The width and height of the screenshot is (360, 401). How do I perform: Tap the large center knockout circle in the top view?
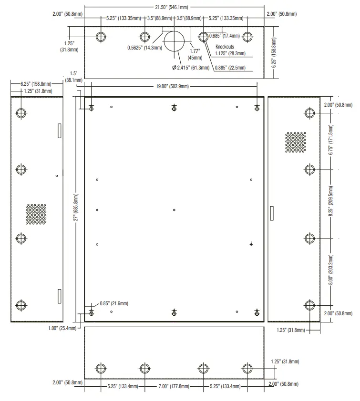[x=175, y=41]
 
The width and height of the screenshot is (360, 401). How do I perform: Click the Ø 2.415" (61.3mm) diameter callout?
[x=191, y=68]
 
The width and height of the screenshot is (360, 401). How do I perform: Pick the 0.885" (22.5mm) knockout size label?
[x=230, y=68]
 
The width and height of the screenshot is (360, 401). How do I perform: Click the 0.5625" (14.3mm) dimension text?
[x=144, y=48]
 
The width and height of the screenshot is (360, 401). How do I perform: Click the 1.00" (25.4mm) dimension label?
[x=62, y=328]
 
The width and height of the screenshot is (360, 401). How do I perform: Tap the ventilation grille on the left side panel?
[x=36, y=214]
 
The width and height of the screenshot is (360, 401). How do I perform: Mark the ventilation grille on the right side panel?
[x=296, y=142]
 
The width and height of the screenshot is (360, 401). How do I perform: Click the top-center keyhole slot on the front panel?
[x=175, y=108]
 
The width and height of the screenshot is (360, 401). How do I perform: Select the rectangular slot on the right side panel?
[x=271, y=213]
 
